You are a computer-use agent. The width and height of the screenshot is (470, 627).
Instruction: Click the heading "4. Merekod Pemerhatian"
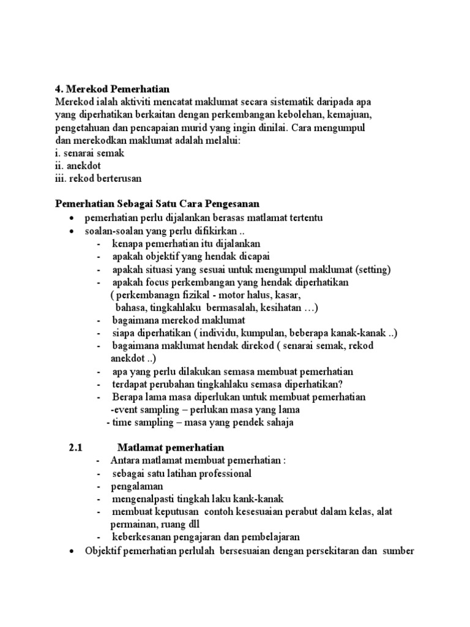(112, 89)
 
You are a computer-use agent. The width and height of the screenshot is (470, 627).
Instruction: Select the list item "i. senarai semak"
(90, 153)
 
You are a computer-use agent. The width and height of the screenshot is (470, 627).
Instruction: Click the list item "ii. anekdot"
(78, 166)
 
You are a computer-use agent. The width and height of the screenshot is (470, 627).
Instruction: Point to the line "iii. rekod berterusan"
(99, 179)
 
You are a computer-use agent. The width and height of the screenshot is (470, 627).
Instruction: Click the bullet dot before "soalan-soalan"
(72, 231)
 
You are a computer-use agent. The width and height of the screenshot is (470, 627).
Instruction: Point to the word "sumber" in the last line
(398, 551)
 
